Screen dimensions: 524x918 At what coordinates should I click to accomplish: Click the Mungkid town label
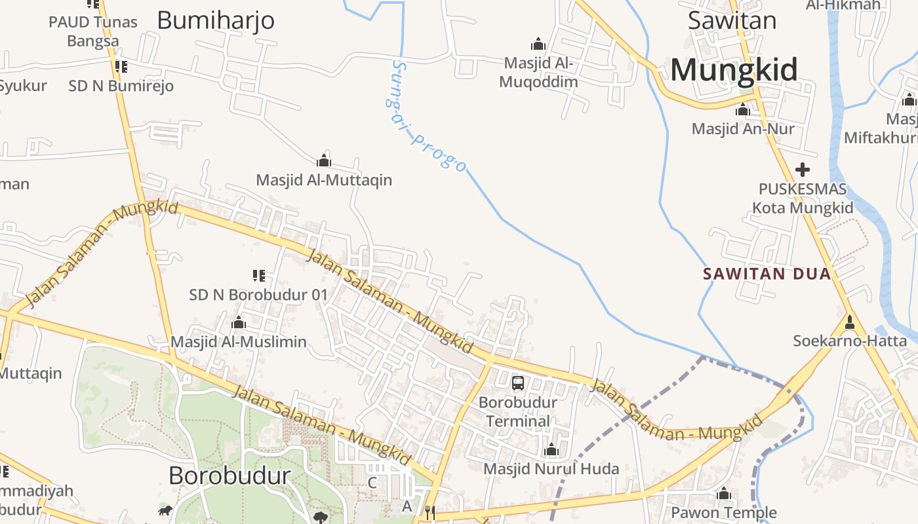point(734,69)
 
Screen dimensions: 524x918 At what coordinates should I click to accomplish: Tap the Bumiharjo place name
point(216,21)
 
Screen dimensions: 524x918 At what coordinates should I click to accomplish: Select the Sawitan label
point(732,20)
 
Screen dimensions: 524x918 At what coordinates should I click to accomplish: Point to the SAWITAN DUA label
point(767,274)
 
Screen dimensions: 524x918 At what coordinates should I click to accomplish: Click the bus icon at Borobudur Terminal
point(517,383)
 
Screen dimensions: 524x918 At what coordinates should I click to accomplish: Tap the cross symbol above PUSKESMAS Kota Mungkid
point(802,170)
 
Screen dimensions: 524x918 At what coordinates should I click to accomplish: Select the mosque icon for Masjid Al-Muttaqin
point(323,161)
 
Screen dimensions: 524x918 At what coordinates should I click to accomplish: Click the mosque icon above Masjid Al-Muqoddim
point(538,45)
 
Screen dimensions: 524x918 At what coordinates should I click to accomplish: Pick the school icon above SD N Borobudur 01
point(258,276)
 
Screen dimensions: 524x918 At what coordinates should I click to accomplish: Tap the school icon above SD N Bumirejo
point(121,66)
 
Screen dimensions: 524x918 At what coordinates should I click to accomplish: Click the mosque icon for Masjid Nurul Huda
point(551,450)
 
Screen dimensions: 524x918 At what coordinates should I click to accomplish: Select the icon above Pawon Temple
point(724,493)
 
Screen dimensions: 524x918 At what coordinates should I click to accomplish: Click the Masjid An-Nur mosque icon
point(743,109)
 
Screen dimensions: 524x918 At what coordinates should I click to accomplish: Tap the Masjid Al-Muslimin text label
point(239,342)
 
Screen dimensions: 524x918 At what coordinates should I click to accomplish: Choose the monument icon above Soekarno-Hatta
point(850,322)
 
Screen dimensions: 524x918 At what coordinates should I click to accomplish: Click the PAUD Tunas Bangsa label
point(93,31)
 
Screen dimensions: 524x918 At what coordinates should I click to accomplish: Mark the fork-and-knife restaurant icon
point(429,512)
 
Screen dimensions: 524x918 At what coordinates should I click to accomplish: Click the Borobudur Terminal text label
point(517,411)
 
